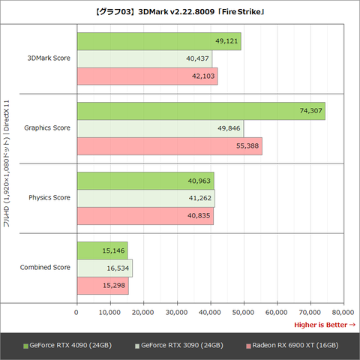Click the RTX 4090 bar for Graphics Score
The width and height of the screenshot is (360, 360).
pyautogui.click(x=201, y=110)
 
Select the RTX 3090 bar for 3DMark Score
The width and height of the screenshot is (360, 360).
pyautogui.click(x=144, y=58)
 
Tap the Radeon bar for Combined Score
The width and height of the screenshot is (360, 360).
pyautogui.click(x=103, y=286)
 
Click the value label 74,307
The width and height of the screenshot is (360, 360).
pyautogui.click(x=310, y=111)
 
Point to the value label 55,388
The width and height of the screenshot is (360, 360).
pyautogui.click(x=247, y=146)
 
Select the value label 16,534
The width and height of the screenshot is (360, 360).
pyautogui.click(x=116, y=268)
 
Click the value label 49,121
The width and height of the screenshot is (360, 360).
pyautogui.click(x=226, y=40)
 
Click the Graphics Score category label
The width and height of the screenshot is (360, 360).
pyautogui.click(x=47, y=128)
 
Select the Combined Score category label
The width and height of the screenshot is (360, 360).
pyautogui.click(x=45, y=267)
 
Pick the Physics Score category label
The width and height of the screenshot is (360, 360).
pyautogui.click(x=49, y=197)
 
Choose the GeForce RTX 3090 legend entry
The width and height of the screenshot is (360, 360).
pyautogui.click(x=181, y=345)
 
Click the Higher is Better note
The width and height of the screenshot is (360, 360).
pyautogui.click(x=324, y=324)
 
